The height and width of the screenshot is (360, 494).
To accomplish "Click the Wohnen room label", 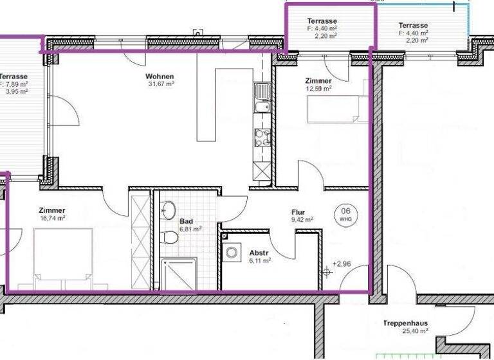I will (x=160, y=76).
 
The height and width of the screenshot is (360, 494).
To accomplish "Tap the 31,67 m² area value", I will (x=161, y=84).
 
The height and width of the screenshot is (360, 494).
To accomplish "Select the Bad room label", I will (x=187, y=221).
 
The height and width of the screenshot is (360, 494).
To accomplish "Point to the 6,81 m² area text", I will (x=190, y=229).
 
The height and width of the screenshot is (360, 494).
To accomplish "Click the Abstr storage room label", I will (x=259, y=253).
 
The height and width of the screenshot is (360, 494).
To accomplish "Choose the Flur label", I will (x=298, y=212).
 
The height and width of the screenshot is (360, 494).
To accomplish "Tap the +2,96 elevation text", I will (x=342, y=264).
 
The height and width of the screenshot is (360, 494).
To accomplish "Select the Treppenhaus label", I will (x=405, y=324).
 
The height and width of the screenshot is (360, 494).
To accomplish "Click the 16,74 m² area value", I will (x=51, y=218).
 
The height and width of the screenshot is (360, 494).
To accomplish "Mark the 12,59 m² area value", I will (x=318, y=89).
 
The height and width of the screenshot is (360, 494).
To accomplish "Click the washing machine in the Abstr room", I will (x=232, y=253).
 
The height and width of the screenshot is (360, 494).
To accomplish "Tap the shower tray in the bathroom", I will (x=179, y=273).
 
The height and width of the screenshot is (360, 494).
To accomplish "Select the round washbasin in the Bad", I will (x=169, y=210).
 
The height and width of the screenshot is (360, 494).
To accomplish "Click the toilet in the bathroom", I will (x=170, y=238).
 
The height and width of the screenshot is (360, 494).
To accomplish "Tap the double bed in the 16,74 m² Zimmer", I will (x=61, y=257).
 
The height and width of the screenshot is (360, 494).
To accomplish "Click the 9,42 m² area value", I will (x=302, y=220).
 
